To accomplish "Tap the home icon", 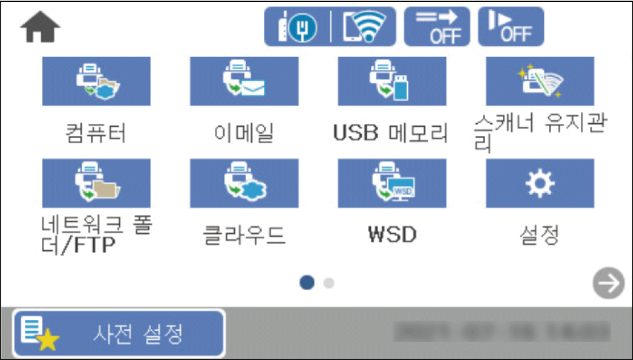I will [40, 29].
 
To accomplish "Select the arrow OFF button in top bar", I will [437, 27].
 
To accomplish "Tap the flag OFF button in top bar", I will [510, 27].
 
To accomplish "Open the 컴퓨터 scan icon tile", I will [96, 82].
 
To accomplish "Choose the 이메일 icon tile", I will [244, 82].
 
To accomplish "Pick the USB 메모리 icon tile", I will [392, 82].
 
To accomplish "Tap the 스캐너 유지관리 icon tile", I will [540, 82].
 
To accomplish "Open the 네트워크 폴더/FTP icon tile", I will [96, 183].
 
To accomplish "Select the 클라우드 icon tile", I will [244, 183].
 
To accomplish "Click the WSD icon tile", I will [392, 183].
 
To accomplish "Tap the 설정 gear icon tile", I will [540, 183].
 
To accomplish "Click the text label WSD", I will [392, 234].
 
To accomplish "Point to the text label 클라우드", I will [244, 234].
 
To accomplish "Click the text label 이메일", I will [244, 133].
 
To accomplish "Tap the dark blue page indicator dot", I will [308, 282].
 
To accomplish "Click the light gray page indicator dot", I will [328, 283].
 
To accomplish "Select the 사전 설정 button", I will [119, 333].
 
